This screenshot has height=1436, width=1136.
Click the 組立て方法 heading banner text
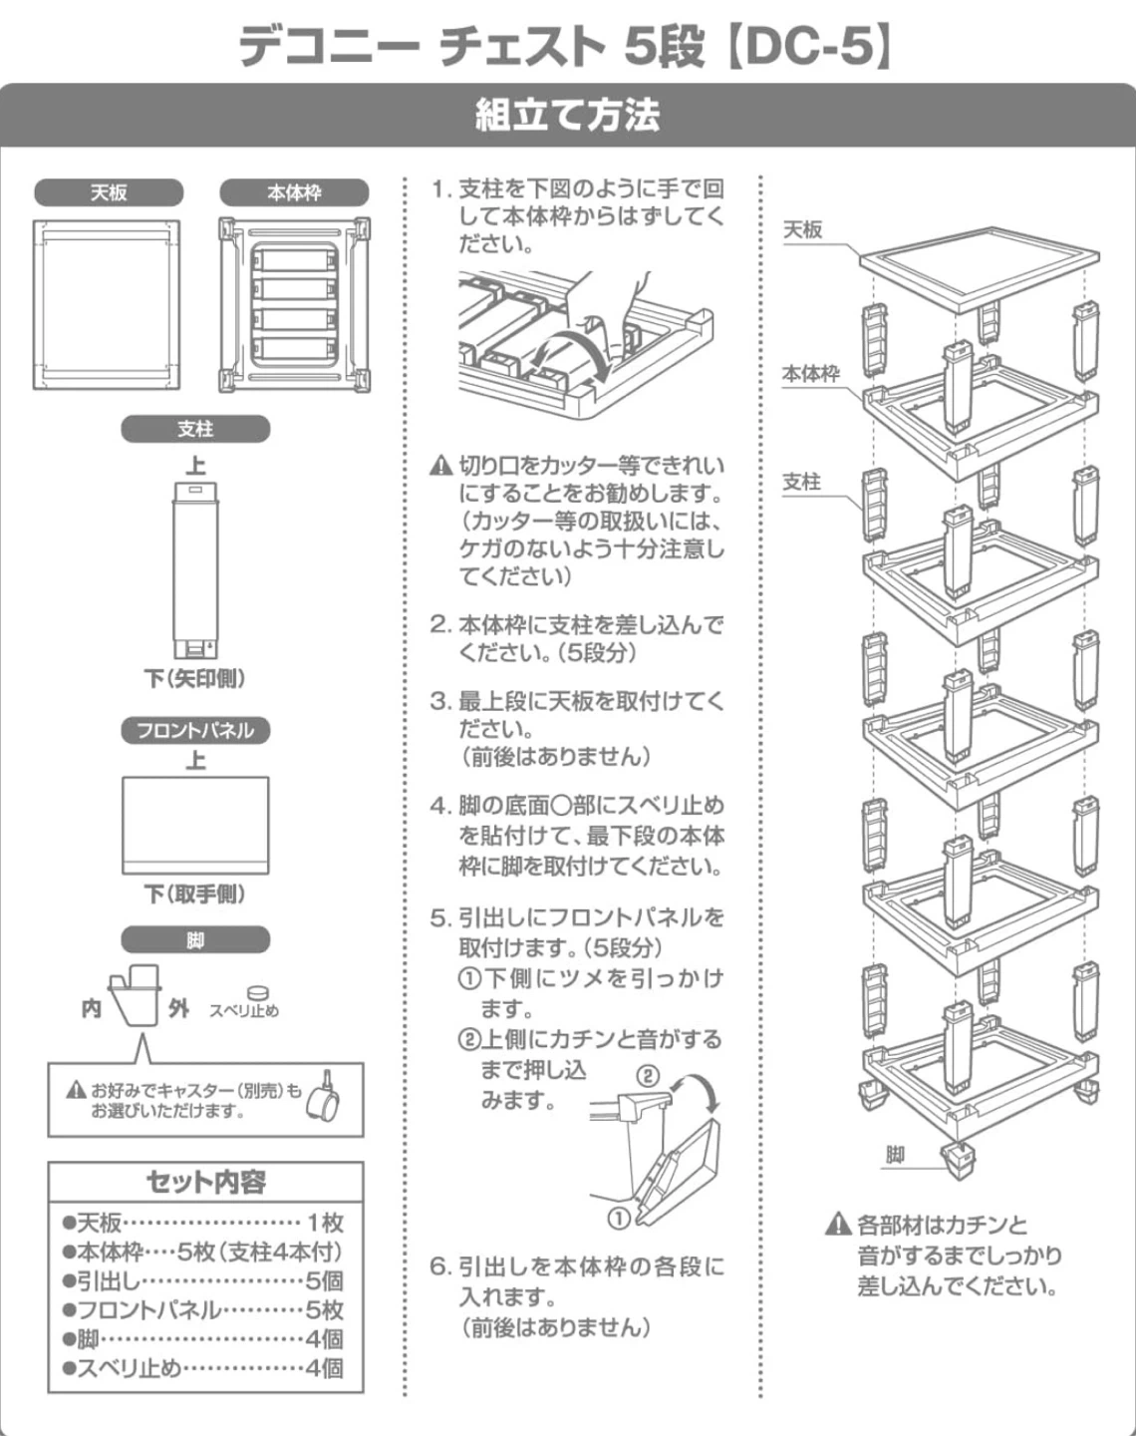click(x=567, y=116)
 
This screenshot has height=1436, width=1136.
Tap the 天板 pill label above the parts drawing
click(x=109, y=192)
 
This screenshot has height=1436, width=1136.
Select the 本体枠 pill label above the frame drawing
click(x=294, y=192)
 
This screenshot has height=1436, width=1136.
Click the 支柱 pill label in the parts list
click(x=195, y=429)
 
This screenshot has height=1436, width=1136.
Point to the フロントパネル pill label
click(x=195, y=730)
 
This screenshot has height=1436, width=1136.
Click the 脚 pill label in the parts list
click(x=195, y=940)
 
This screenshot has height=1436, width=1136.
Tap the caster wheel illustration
click(x=324, y=1099)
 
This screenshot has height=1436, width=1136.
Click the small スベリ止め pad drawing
click(x=257, y=992)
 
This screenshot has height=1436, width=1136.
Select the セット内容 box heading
click(x=205, y=1182)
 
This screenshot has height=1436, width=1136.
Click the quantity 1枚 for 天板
click(x=325, y=1223)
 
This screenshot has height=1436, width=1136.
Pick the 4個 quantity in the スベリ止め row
click(x=325, y=1368)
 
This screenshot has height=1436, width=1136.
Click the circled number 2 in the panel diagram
click(x=648, y=1075)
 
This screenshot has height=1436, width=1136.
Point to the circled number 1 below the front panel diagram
click(x=619, y=1218)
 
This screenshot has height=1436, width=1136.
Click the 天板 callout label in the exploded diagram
click(x=802, y=230)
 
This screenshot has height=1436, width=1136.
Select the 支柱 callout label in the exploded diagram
click(x=801, y=483)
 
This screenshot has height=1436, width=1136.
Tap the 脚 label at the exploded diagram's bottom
click(x=895, y=1155)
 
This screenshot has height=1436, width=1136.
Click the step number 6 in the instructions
click(x=439, y=1267)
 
